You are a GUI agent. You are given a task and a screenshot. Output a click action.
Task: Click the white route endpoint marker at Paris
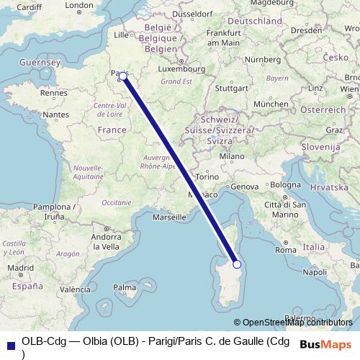[x=123, y=76]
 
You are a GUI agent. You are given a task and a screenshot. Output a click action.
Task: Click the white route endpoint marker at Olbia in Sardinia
[x=238, y=264]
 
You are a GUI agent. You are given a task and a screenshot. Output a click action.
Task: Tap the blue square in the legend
[x=10, y=344]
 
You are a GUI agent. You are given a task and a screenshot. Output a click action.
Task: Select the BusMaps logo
[x=326, y=344]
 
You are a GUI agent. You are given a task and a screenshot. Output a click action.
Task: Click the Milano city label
[x=232, y=156]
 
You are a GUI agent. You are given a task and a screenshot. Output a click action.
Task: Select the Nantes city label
[x=55, y=114]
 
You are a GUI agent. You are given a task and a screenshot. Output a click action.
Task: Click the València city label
[x=75, y=290]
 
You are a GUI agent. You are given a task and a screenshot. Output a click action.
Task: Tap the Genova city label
[x=243, y=187]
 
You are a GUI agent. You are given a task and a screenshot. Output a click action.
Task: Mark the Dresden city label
[x=305, y=31]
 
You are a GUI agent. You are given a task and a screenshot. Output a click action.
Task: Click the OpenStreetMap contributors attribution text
[x=297, y=323]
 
